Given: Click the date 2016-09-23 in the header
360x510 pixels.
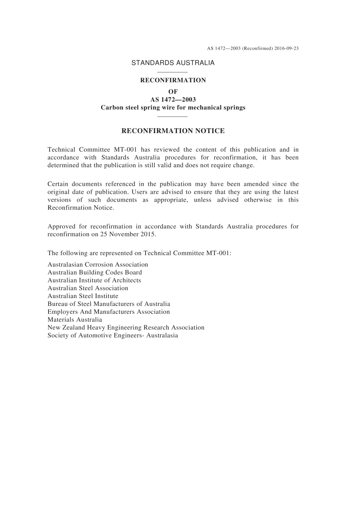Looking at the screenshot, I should click(x=287, y=49).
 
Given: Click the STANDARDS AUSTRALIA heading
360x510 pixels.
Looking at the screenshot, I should click(x=173, y=63).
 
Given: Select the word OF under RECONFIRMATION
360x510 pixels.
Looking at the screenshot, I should click(x=173, y=91).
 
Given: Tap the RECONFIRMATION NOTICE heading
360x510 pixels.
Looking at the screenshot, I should click(x=173, y=131).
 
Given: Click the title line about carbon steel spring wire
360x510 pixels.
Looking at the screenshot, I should click(x=173, y=107).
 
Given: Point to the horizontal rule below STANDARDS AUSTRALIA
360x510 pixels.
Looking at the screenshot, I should click(x=172, y=72).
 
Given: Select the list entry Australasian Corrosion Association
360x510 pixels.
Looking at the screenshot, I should click(x=98, y=265).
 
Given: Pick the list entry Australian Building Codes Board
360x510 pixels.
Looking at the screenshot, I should click(x=95, y=272).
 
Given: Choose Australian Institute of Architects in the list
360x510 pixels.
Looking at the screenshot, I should click(x=94, y=280).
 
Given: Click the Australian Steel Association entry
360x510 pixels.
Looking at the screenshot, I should click(x=88, y=288).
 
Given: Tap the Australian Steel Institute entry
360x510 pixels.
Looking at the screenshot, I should click(x=83, y=296).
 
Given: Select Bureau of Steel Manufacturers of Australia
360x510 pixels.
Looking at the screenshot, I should click(x=109, y=304).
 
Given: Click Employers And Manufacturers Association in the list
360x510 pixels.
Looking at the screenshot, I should click(x=109, y=312).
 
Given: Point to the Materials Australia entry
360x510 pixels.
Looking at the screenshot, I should click(x=75, y=320).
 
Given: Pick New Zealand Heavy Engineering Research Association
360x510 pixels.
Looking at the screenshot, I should click(x=126, y=327).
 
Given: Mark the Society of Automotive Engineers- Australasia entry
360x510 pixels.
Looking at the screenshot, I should click(x=113, y=335).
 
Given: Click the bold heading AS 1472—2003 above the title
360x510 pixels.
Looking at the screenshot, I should click(x=173, y=99).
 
